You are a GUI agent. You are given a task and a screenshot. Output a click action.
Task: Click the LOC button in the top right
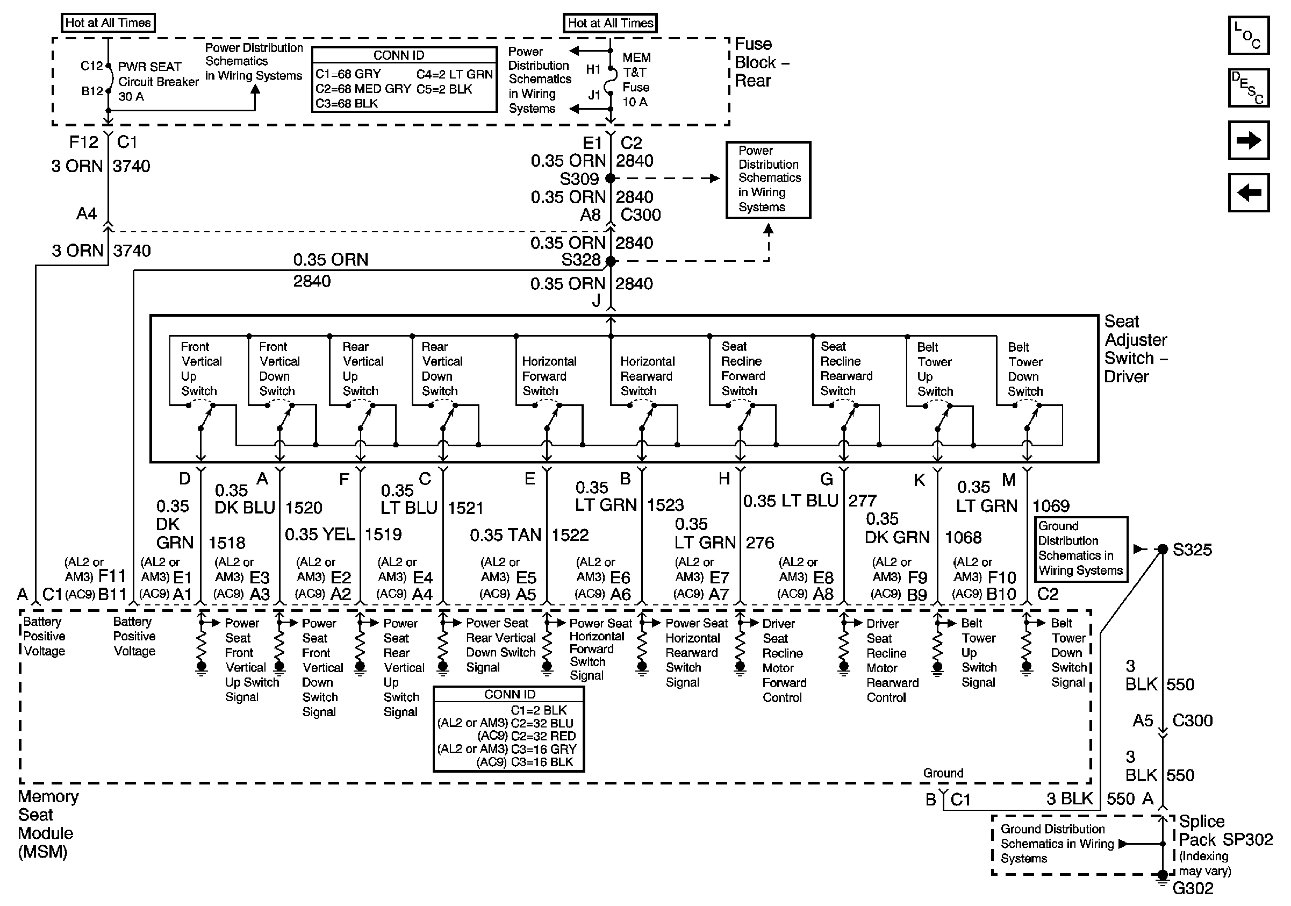[1247, 35]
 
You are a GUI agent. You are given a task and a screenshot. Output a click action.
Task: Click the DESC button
[1247, 88]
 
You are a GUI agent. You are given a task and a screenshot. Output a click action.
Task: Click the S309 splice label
[579, 179]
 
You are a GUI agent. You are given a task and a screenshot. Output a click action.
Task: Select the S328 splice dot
[611, 261]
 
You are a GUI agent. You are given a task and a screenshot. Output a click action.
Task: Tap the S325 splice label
[1192, 550]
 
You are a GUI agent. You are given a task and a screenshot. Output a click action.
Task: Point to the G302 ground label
[1193, 888]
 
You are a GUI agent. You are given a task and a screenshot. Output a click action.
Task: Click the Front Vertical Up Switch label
[200, 369]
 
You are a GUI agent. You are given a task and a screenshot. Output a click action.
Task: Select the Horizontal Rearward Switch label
[647, 376]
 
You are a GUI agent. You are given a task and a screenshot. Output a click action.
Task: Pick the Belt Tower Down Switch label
[1024, 369]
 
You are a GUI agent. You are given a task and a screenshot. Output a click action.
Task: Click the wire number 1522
[570, 535]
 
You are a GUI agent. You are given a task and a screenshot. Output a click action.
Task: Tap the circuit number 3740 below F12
[132, 167]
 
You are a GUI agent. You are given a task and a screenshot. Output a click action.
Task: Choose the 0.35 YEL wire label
[319, 534]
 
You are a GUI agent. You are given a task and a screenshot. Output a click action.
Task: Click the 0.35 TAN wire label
[505, 535]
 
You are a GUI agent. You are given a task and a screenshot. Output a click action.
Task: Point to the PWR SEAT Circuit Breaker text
[157, 82]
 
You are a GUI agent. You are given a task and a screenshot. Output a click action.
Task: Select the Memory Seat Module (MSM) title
[48, 824]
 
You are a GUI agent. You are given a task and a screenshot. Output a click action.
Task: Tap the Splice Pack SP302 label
[1225, 831]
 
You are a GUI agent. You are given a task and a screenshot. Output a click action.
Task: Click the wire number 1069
[1051, 506]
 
